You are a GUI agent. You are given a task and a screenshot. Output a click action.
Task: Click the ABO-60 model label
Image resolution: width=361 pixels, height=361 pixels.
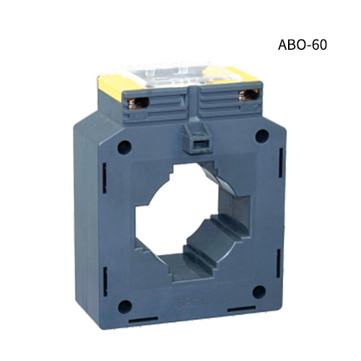[x=303, y=45]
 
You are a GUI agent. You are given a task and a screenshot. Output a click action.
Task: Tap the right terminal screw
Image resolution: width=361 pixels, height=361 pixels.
[x=253, y=95]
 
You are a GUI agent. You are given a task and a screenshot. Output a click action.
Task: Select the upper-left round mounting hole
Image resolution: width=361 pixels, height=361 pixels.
[x=124, y=147]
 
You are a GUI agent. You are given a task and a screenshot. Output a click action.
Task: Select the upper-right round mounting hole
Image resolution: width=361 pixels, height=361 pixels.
[x=262, y=135]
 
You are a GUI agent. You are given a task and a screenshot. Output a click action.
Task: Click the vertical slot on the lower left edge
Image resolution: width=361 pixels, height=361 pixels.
[x=105, y=276]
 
